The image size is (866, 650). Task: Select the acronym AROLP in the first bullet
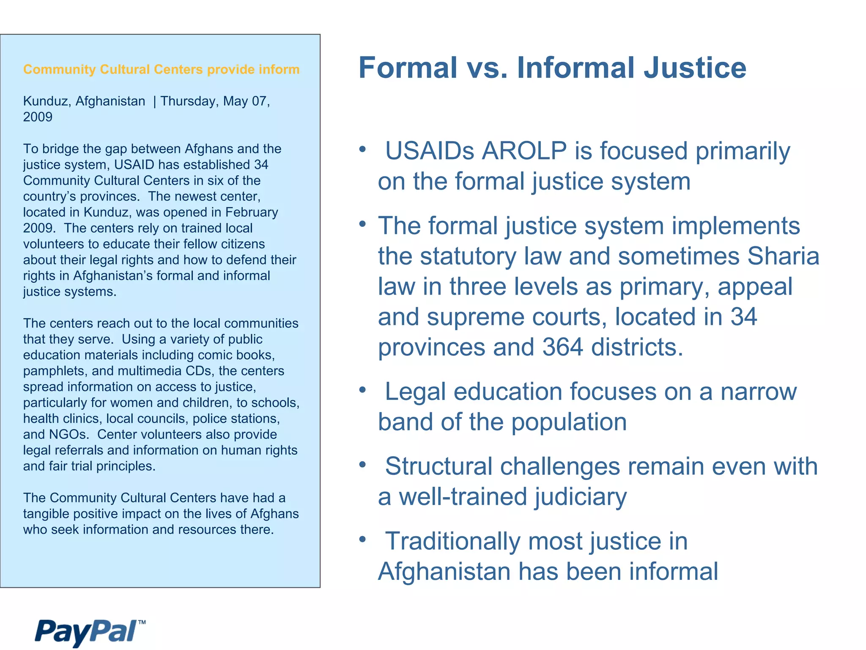tap(524, 151)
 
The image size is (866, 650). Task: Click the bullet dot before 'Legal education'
tap(362, 390)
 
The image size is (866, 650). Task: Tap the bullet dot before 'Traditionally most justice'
tap(362, 539)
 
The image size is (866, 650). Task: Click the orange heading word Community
tap(60, 69)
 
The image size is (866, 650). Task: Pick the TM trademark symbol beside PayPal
tap(142, 622)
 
